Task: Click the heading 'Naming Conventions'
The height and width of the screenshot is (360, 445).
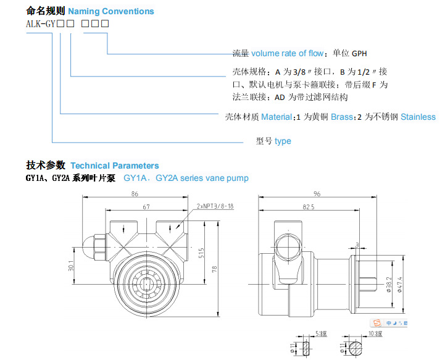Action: pos(111,11)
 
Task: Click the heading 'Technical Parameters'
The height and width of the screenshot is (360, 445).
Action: pos(114,165)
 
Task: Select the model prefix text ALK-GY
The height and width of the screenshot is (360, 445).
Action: pos(40,24)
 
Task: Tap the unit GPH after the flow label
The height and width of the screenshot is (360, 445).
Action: pos(359,53)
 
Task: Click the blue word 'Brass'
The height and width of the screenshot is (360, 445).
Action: pos(341,117)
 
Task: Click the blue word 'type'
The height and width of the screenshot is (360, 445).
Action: pos(283,141)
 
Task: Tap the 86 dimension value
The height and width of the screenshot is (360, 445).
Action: pos(134,194)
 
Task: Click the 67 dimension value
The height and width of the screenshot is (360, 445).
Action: pos(146,207)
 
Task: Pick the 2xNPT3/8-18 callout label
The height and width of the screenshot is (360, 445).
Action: pos(215,207)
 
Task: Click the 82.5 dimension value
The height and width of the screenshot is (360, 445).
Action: pos(309,207)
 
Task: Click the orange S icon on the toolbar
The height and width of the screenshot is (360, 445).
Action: pos(376,323)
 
